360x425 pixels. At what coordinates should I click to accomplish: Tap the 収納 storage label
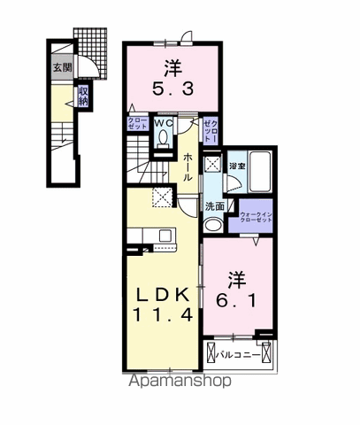[82, 95]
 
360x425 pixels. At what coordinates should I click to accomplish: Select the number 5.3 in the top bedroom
[172, 89]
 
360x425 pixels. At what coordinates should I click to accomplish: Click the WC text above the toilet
[165, 123]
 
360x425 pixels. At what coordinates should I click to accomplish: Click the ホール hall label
[188, 166]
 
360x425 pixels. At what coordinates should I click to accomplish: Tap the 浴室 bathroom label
[236, 166]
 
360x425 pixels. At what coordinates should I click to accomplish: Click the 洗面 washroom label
[215, 206]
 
